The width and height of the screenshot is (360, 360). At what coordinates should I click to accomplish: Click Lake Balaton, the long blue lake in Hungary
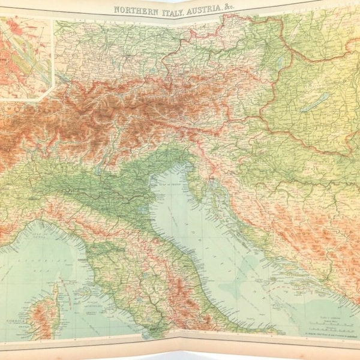[314, 103]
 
